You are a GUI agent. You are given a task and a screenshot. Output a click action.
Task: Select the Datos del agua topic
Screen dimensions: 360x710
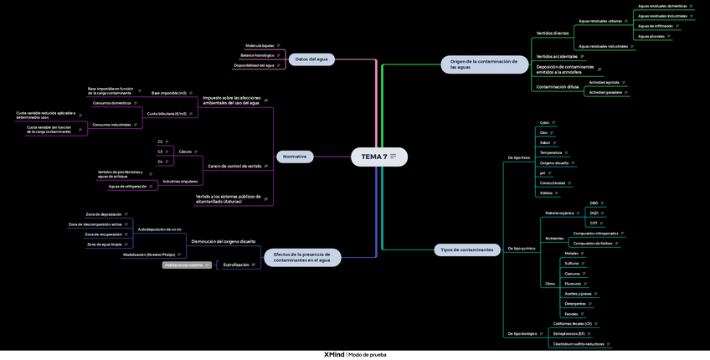311,59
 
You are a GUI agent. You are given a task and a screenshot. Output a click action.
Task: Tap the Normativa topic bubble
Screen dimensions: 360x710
295,157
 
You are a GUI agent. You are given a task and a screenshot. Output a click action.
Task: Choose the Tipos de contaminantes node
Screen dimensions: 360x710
466,249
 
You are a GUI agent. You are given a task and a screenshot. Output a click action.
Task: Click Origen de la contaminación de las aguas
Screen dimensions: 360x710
483,64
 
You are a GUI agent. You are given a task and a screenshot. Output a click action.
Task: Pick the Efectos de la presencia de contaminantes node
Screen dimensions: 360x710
301,257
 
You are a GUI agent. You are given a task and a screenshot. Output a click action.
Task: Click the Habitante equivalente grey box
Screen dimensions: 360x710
185,265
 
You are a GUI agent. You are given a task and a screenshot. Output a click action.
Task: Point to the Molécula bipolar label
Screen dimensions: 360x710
260,45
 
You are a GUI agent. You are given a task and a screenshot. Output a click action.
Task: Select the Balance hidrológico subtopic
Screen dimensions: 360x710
257,55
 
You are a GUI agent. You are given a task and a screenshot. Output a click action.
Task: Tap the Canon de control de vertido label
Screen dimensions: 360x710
234,166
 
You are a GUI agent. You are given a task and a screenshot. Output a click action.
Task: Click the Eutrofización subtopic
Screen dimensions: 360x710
236,265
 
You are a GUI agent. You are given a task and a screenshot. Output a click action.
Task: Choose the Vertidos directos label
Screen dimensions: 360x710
553,33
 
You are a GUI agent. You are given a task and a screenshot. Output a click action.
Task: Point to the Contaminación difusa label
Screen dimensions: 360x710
558,86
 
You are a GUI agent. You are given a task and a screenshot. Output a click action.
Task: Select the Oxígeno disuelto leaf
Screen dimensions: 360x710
554,162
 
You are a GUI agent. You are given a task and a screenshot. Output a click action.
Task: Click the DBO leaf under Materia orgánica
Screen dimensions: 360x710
594,203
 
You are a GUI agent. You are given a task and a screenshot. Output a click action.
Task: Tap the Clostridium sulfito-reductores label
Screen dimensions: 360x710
579,343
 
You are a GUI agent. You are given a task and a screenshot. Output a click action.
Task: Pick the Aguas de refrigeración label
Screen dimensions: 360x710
127,186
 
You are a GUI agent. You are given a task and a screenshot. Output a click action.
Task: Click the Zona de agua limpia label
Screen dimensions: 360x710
105,244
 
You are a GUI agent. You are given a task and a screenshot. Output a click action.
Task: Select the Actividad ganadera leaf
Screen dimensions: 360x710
605,92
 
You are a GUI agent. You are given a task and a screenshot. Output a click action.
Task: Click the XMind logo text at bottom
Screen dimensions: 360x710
334,354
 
